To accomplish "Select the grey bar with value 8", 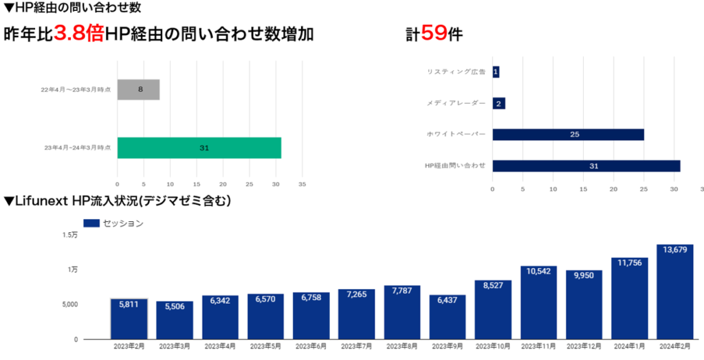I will pyautogui.click(x=138, y=89).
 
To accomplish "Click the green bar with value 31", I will pyautogui.click(x=199, y=148).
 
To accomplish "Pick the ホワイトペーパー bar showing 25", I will pyautogui.click(x=568, y=134).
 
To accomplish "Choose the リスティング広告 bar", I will pyautogui.click(x=496, y=71).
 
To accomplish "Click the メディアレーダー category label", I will pyautogui.click(x=456, y=103).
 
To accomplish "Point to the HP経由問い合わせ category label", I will pyautogui.click(x=455, y=166).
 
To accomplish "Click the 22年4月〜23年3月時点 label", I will pyautogui.click(x=76, y=90).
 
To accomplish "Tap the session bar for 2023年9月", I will pyautogui.click(x=448, y=317).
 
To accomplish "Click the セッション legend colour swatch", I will pyautogui.click(x=91, y=223).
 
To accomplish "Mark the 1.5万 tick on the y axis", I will pyautogui.click(x=70, y=235).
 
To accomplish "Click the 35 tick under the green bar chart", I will pyautogui.click(x=302, y=184).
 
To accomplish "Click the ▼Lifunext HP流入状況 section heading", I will pyautogui.click(x=117, y=201).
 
